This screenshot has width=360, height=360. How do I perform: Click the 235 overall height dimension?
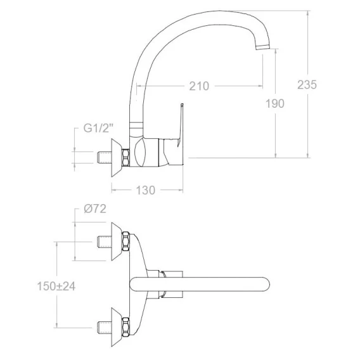click(x=307, y=84)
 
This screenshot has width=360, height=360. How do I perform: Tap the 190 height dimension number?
click(x=275, y=103)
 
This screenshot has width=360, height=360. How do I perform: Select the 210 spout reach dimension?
click(x=199, y=86)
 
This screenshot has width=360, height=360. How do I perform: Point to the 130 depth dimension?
click(x=146, y=190)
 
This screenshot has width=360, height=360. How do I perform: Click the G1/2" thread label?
click(x=98, y=128)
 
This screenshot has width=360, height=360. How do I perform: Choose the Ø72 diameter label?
click(x=95, y=209)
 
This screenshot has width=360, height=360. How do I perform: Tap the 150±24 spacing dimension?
click(x=56, y=286)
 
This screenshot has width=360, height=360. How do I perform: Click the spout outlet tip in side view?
click(x=263, y=47)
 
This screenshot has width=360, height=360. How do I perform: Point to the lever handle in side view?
click(x=180, y=125)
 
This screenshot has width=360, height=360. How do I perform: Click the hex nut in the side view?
click(x=126, y=157)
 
